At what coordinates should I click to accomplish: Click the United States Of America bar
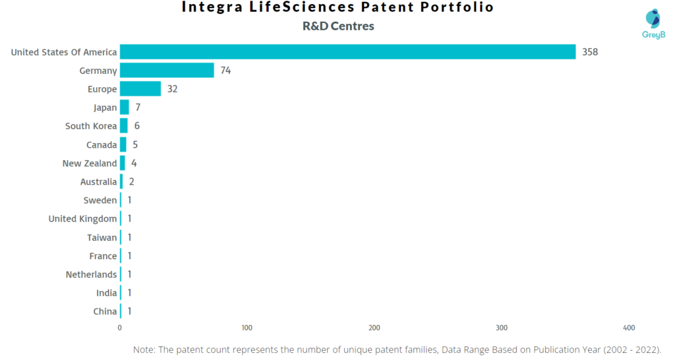(347, 52)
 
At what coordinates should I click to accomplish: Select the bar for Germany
(167, 71)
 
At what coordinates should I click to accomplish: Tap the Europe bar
(140, 89)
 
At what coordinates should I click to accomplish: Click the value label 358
(590, 52)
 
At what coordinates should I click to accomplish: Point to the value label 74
(225, 71)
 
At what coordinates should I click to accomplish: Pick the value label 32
(172, 89)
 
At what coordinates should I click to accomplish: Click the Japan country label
(105, 107)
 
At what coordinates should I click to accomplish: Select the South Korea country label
(91, 126)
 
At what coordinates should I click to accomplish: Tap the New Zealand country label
(90, 163)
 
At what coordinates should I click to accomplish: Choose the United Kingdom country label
(82, 218)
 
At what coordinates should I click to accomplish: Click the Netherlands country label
(91, 274)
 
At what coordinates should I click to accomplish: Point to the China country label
(105, 311)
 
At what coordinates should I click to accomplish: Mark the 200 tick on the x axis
(374, 328)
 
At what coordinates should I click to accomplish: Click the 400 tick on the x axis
(629, 328)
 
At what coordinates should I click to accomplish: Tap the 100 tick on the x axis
(247, 328)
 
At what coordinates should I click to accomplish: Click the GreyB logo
(653, 24)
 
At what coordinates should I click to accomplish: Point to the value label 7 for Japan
(138, 107)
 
